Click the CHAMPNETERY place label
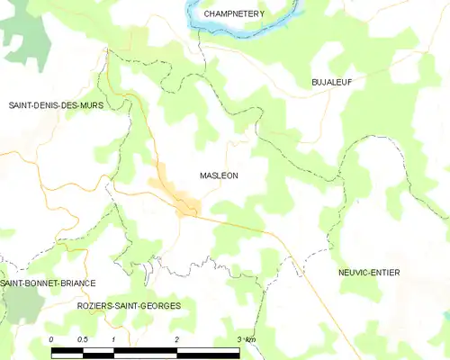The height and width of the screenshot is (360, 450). [233, 14]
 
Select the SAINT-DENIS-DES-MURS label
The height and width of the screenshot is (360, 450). [56, 105]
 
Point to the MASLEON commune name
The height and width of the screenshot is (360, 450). [218, 176]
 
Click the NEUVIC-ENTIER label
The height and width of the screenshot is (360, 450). [369, 272]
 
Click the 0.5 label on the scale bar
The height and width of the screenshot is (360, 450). [82, 338]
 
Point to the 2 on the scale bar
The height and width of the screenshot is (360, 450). [177, 338]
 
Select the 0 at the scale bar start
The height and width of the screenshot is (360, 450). [52, 338]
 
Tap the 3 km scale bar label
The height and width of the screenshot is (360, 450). [246, 338]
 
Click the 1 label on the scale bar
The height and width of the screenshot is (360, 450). [114, 338]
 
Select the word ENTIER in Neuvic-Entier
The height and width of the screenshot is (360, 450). [385, 272]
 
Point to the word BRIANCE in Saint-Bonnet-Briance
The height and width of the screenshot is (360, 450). [76, 283]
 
